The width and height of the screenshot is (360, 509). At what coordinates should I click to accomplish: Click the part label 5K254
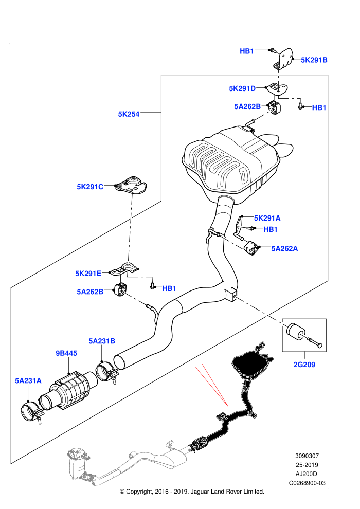coord(129,114)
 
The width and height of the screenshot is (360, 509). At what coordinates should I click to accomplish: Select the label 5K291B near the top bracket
coord(314,60)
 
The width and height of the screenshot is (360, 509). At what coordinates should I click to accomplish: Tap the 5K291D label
coord(242,88)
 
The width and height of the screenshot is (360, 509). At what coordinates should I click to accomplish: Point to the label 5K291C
coord(90,187)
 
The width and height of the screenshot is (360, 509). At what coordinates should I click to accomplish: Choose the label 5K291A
coord(267,218)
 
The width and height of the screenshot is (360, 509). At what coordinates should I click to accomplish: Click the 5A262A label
coord(284,249)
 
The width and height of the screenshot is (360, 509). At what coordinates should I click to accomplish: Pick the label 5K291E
coord(88,274)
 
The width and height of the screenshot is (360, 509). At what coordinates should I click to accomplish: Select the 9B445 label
coord(66,353)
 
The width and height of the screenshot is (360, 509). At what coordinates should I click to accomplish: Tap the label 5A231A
coord(28,380)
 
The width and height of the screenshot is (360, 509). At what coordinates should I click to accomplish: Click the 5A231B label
coord(102,341)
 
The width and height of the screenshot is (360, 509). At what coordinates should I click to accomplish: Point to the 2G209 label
coord(304,365)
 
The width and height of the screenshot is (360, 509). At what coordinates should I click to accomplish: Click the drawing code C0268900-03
coord(307,483)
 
